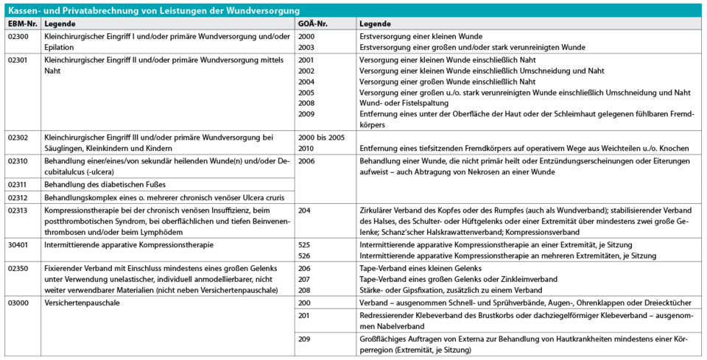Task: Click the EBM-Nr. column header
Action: (21, 24)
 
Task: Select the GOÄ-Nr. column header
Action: (312, 24)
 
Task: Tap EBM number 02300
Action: (18, 36)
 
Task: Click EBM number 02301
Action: (18, 60)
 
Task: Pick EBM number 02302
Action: (18, 137)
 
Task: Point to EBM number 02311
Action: (18, 183)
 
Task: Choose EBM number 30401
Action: (18, 243)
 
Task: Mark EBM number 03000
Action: (18, 303)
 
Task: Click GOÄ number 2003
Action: (306, 47)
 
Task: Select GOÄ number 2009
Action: (306, 115)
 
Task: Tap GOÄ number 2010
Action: (306, 149)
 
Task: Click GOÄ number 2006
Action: (306, 160)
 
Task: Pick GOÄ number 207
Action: (304, 279)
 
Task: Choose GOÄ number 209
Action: (304, 339)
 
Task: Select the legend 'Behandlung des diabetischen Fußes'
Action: (105, 183)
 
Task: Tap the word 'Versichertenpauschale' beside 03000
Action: (82, 303)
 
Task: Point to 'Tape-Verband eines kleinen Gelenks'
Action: (420, 267)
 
